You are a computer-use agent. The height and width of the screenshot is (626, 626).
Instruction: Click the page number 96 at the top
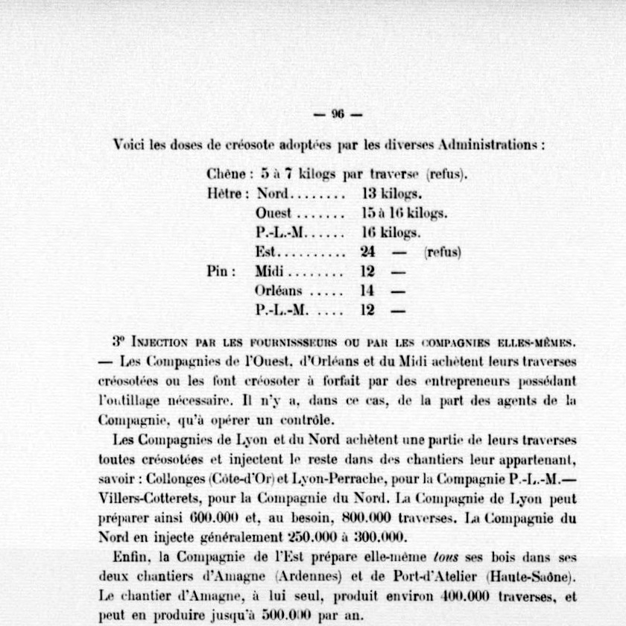(337, 114)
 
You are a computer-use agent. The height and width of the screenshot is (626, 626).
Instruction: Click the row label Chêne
(226, 175)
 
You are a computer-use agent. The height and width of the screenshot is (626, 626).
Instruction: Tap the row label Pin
(221, 272)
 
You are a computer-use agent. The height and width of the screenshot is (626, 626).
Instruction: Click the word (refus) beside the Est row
(443, 253)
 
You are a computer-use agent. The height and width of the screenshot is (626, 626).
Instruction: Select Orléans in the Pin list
(279, 291)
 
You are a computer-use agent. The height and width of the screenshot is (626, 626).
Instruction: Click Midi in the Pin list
(269, 272)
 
